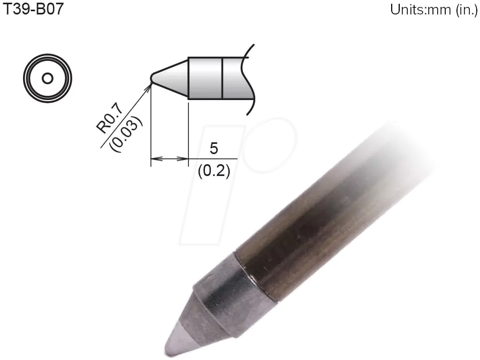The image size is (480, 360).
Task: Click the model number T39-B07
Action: tap(33, 10)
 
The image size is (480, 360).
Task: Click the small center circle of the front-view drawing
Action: tap(47, 78)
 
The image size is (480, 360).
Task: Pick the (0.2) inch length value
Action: tap(214, 172)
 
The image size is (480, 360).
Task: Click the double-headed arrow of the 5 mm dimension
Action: tap(170, 159)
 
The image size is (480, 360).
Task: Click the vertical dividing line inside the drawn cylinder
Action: tap(222, 78)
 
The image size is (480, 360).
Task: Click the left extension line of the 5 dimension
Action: tap(151, 128)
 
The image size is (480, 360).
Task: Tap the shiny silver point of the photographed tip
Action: tap(177, 342)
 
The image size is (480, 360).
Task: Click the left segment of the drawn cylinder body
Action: tap(205, 78)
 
